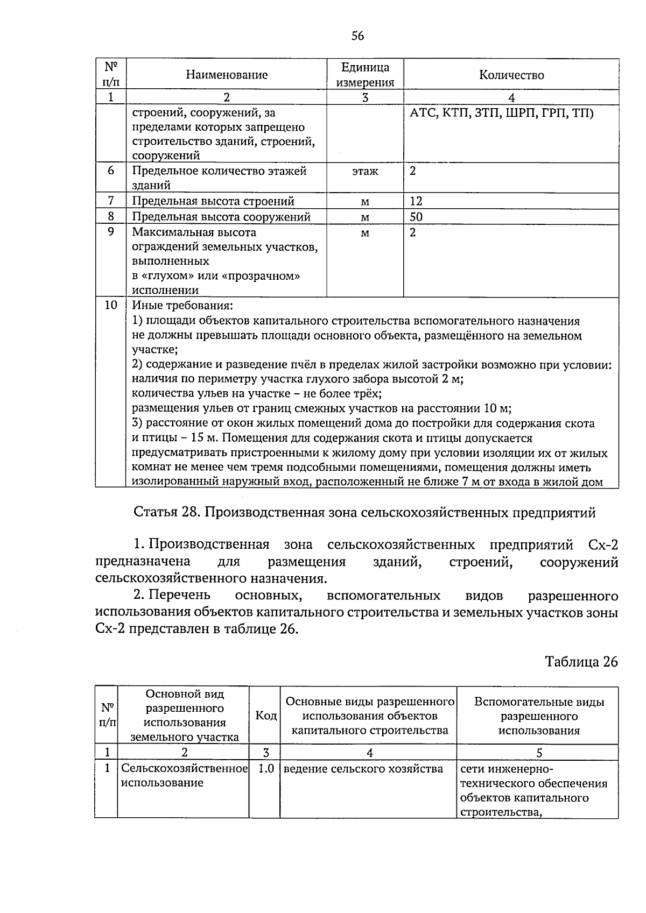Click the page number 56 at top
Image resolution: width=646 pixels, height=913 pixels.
tap(357, 36)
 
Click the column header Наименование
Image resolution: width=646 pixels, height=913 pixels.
tap(227, 75)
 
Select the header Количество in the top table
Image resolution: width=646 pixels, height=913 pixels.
tap(511, 75)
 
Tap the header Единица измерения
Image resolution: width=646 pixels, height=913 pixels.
tap(365, 75)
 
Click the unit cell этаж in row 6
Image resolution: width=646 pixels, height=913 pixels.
tap(365, 172)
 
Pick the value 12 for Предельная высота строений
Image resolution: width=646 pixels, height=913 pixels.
tap(416, 201)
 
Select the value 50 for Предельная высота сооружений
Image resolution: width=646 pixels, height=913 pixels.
tap(416, 217)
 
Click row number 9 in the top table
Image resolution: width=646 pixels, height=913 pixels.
tap(111, 232)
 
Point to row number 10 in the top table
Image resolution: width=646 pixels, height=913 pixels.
tap(111, 305)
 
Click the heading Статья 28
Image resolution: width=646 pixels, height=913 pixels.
tap(364, 512)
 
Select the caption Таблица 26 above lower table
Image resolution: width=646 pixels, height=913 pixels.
tap(581, 661)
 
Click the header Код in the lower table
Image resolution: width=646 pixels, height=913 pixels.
tap(265, 716)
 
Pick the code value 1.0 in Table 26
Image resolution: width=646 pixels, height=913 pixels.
tap(265, 769)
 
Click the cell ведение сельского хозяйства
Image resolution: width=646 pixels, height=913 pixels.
tap(363, 769)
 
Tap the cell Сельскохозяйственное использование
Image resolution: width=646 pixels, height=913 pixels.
tap(184, 775)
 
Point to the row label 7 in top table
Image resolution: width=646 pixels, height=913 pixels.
tap(111, 201)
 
